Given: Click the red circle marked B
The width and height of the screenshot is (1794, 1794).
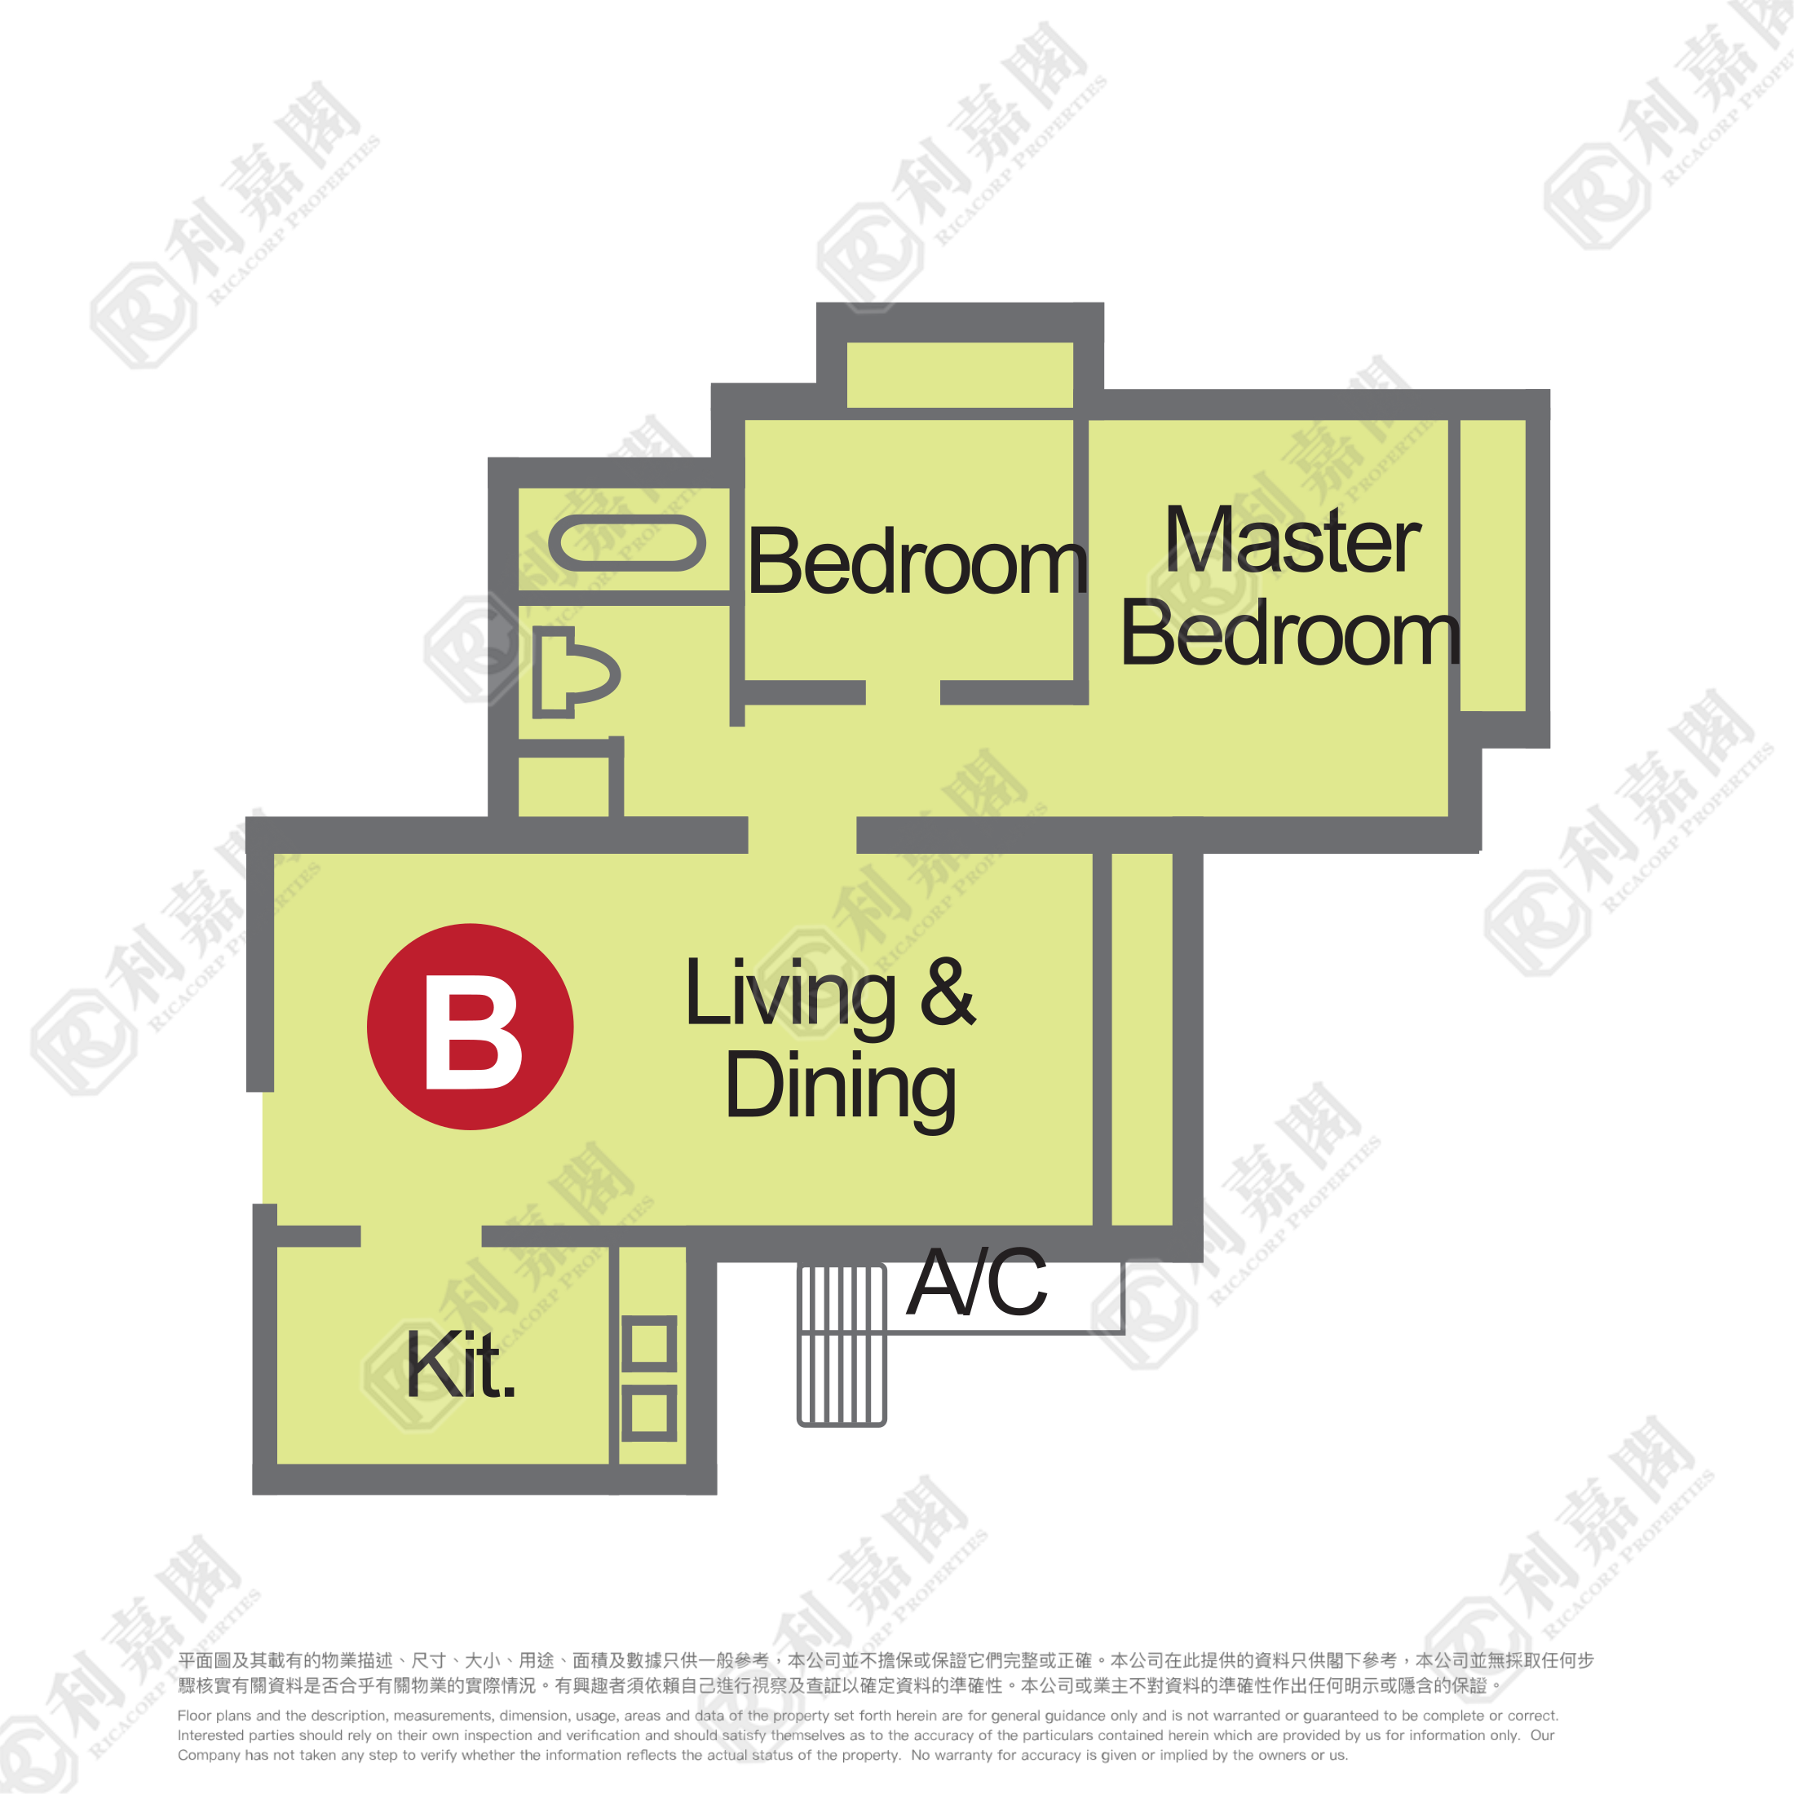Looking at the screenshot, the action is click(470, 1026).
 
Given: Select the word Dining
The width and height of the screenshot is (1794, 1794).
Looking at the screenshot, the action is click(841, 1089).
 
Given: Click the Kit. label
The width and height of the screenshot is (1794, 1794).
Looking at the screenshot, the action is click(461, 1364).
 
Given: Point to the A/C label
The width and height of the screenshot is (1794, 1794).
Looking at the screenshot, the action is click(977, 1283).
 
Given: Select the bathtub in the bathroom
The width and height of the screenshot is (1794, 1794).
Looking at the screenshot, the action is click(627, 543).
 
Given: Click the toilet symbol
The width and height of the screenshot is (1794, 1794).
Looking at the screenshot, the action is click(575, 672).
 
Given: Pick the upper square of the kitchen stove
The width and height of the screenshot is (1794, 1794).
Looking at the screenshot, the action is click(649, 1343).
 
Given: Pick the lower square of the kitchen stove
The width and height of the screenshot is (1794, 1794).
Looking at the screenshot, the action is click(649, 1413).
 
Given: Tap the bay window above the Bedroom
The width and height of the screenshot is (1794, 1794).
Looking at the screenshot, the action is click(960, 375).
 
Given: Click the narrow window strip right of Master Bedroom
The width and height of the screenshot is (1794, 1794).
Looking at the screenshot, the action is click(1493, 565).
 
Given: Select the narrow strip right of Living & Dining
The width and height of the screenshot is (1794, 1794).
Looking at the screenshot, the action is click(1142, 1039).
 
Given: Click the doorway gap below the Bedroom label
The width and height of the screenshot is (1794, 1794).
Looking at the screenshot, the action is click(903, 692).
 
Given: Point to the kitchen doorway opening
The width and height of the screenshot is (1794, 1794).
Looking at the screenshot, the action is click(422, 1236).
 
